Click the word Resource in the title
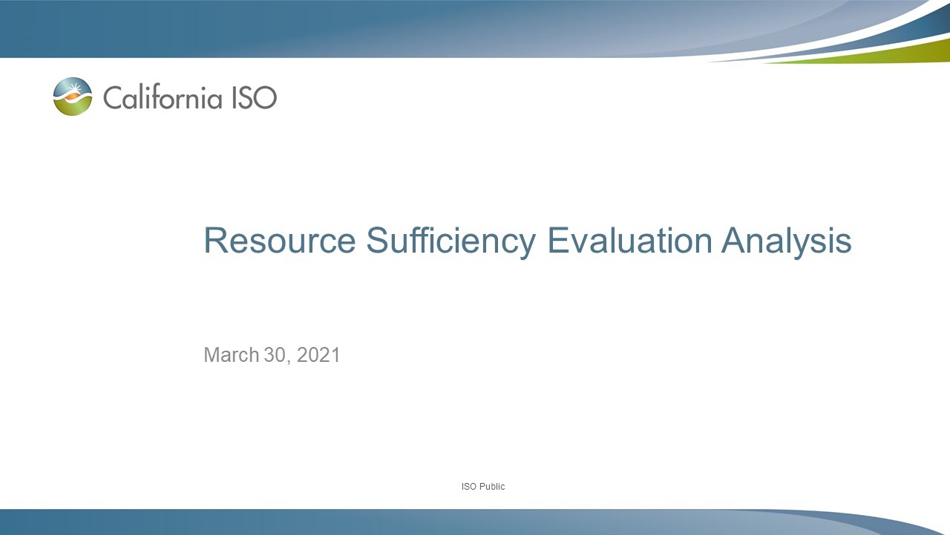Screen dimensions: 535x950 [x=279, y=241]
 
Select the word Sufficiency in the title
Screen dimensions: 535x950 [x=451, y=241]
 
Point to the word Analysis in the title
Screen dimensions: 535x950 [x=786, y=241]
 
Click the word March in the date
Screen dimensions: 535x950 [x=231, y=355]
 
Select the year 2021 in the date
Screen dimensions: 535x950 [x=318, y=355]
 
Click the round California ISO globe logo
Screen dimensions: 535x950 [x=73, y=97]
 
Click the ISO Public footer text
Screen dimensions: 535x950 [x=482, y=487]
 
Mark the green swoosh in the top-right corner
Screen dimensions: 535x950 [x=876, y=53]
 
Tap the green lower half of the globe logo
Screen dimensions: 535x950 [x=73, y=108]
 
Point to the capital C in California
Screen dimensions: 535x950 [x=112, y=97]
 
